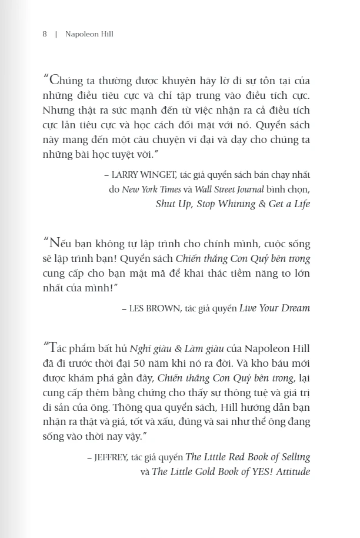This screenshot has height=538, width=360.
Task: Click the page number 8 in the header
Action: [45, 34]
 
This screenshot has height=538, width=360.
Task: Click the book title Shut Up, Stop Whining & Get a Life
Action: [233, 204]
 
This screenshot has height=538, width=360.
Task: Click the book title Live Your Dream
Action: [275, 308]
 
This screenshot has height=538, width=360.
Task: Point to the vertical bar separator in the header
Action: [56, 34]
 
